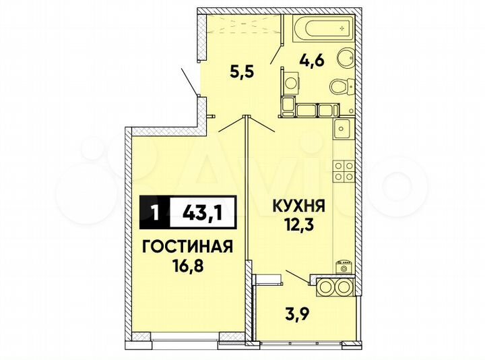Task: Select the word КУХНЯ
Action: tap(294, 206)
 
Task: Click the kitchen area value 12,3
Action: tap(294, 223)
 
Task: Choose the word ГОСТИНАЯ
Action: tap(188, 247)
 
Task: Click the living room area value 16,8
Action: tap(189, 265)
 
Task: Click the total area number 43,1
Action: tap(202, 215)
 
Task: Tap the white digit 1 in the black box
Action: tap(156, 215)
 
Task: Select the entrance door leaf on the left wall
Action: tap(189, 82)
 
